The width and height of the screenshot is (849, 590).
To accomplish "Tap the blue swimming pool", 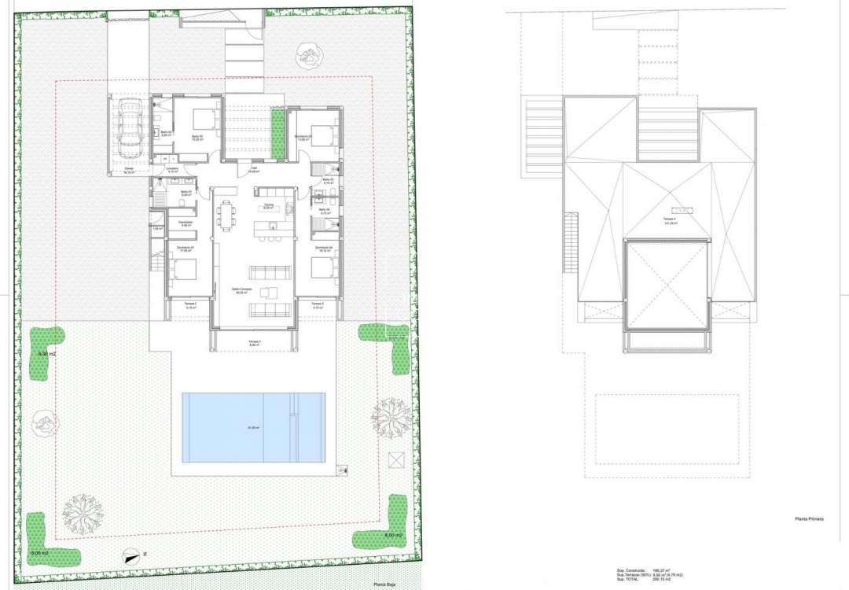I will (x=253, y=427).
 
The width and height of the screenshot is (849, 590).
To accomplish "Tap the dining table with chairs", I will (x=228, y=214).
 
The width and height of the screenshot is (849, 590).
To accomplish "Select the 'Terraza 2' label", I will (x=190, y=304).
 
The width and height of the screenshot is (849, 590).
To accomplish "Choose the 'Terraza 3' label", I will (x=317, y=304).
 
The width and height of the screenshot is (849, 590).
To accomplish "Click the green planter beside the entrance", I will (x=277, y=133).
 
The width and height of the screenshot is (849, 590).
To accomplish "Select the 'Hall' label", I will (x=254, y=168).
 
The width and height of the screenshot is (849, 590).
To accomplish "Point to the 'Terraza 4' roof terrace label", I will (x=670, y=221).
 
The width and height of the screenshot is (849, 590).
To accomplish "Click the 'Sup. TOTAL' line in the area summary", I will (x=649, y=580).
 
